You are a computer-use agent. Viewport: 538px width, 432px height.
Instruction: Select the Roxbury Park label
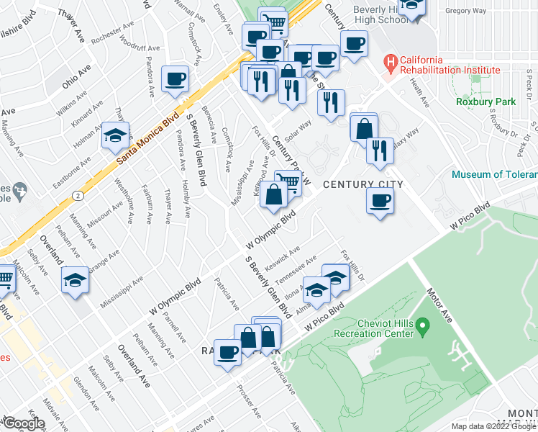[485, 102]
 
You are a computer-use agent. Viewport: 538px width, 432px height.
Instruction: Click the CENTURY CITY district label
[363, 185]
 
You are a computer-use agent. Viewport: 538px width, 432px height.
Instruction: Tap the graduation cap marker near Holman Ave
[114, 136]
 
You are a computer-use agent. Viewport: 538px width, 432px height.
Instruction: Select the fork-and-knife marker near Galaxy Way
[379, 150]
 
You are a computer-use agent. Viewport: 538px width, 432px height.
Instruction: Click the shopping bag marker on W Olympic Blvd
[274, 196]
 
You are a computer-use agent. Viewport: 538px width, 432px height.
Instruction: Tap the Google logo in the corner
[24, 423]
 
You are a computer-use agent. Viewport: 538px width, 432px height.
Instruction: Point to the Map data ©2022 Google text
[493, 426]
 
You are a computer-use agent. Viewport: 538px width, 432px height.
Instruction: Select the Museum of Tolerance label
[494, 174]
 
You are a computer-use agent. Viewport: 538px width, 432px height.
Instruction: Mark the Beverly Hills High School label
[380, 17]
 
